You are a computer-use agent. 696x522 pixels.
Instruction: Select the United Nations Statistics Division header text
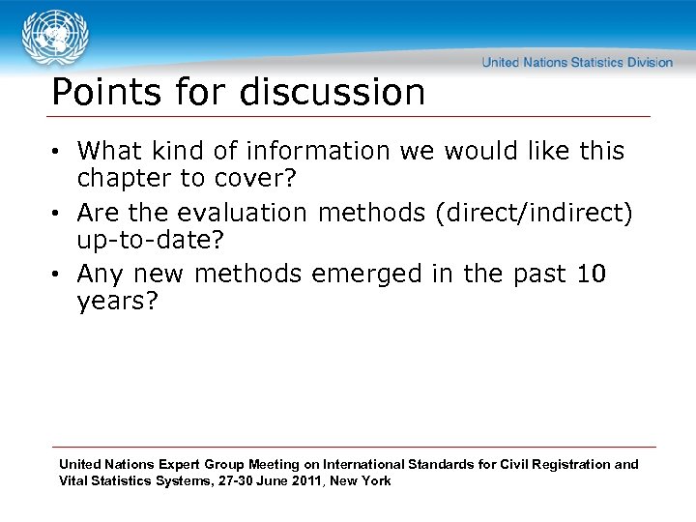pos(577,62)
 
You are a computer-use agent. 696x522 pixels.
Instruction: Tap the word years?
pos(116,301)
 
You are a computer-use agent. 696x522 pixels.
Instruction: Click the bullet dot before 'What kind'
pos(59,152)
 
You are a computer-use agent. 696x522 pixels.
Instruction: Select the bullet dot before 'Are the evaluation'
pos(59,213)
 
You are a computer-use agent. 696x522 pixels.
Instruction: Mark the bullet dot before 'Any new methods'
pos(59,275)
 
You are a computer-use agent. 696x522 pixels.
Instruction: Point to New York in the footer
pos(361,480)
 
